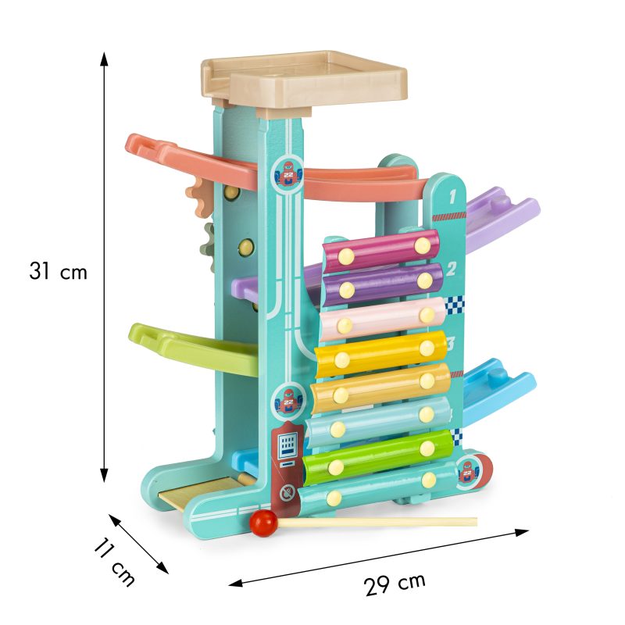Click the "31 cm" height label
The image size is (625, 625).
click(x=58, y=271)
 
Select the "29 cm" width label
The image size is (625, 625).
click(x=395, y=584)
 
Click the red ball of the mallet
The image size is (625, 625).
click(x=263, y=523)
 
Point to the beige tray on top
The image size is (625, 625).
click(x=304, y=83)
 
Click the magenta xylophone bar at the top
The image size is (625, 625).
click(x=381, y=250)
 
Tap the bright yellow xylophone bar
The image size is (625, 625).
click(x=381, y=354)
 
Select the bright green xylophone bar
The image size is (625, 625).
click(x=378, y=457)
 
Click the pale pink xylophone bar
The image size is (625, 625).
click(x=382, y=320)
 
